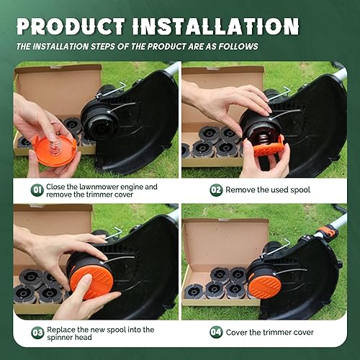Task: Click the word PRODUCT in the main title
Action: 71,26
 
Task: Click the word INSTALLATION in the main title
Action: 216,26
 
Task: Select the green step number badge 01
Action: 37,190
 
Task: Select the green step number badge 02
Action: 216,190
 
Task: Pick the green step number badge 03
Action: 37,333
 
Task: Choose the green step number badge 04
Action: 216,332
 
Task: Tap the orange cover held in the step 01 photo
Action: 55,150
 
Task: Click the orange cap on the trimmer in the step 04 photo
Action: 264,287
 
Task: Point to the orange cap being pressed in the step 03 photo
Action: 91,282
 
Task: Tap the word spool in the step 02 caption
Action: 300,190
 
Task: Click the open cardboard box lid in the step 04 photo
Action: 225,243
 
